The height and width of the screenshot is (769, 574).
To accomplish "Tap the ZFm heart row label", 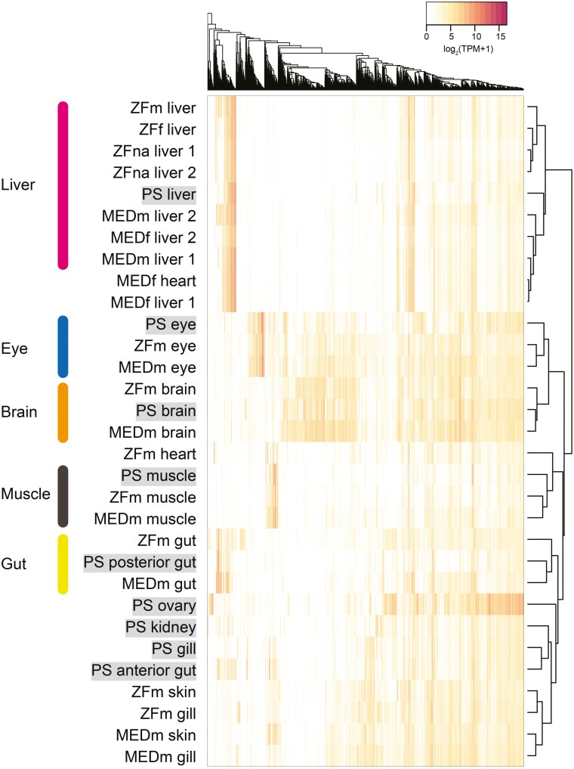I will pyautogui.click(x=159, y=454).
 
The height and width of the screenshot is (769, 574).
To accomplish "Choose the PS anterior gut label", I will pyautogui.click(x=143, y=670).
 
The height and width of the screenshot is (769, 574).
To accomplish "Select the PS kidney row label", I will pyautogui.click(x=162, y=627).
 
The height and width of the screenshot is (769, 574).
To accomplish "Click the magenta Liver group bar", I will pyautogui.click(x=63, y=184).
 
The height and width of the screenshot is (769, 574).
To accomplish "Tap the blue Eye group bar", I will pyautogui.click(x=63, y=346).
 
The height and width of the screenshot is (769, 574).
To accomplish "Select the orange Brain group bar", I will pyautogui.click(x=63, y=412).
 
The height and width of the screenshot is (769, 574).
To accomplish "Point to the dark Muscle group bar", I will pyautogui.click(x=63, y=496).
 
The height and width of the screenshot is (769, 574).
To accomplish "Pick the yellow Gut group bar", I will pyautogui.click(x=63, y=563).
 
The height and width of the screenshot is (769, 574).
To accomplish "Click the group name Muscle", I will pyautogui.click(x=25, y=495).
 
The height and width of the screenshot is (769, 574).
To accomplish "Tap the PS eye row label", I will pyautogui.click(x=171, y=324).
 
